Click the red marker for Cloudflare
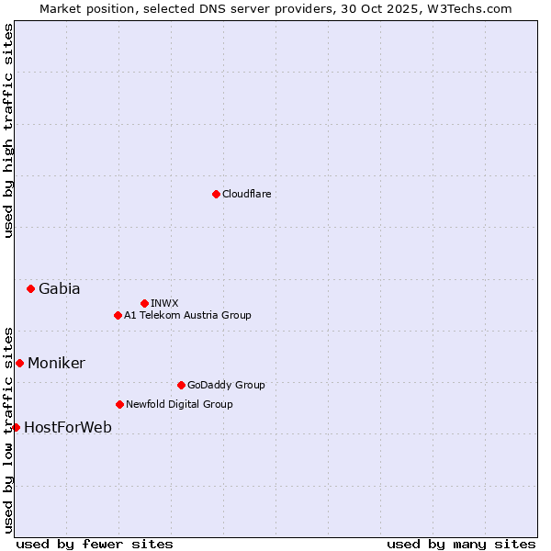pyautogui.click(x=216, y=194)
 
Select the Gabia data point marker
pyautogui.click(x=30, y=288)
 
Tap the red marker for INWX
pyautogui.click(x=144, y=303)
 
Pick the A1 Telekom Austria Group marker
pyautogui.click(x=118, y=315)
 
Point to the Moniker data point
pyautogui.click(x=19, y=363)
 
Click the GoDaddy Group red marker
pyautogui.click(x=181, y=385)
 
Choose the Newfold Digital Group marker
pyautogui.click(x=119, y=404)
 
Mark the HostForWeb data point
pyautogui.click(x=16, y=427)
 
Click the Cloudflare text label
pyautogui.click(x=246, y=194)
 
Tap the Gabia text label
pyautogui.click(x=59, y=288)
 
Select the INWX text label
pyautogui.click(x=164, y=303)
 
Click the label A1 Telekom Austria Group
pyautogui.click(x=187, y=315)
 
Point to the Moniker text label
pyautogui.click(x=56, y=363)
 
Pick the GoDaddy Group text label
pyautogui.click(x=226, y=385)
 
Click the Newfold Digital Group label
pyautogui.click(x=179, y=404)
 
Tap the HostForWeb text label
pyautogui.click(x=68, y=427)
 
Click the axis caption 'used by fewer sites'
pyautogui.click(x=95, y=544)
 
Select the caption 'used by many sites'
pyautogui.click(x=461, y=544)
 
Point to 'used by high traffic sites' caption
pyautogui.click(x=9, y=130)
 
